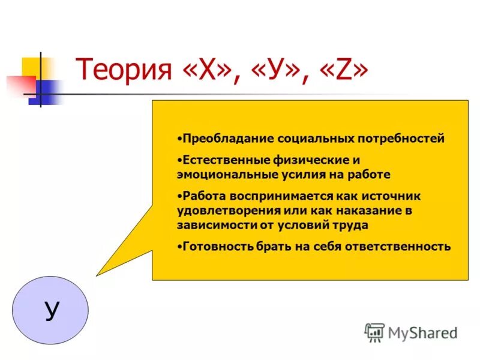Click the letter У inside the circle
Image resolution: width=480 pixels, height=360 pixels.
click(x=52, y=311)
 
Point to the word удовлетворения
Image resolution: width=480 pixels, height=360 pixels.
click(x=220, y=211)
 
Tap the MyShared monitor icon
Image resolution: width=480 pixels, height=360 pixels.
click(x=374, y=332)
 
